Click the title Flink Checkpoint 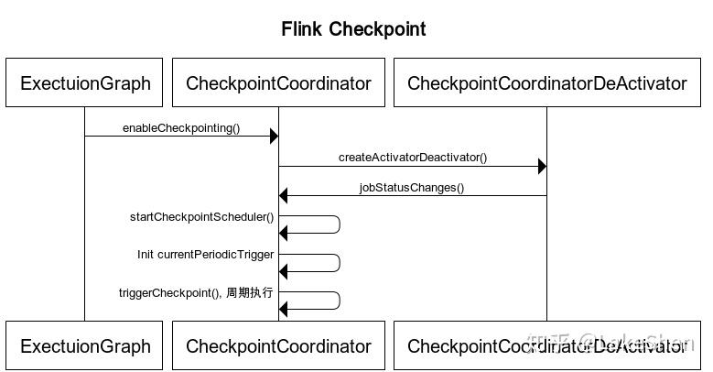point(353,29)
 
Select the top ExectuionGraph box point(85,83)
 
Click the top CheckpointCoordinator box point(278,83)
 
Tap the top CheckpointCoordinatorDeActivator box point(546,83)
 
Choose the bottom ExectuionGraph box point(85,346)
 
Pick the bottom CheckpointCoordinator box point(278,346)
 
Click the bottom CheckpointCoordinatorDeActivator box point(546,346)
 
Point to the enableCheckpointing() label point(181,128)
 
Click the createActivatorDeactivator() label point(413,158)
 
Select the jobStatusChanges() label point(412,188)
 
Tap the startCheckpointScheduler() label point(201,217)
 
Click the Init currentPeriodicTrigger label point(205,255)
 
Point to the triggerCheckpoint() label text point(168,293)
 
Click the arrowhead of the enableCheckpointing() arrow point(274,137)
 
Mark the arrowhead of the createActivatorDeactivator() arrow point(542,167)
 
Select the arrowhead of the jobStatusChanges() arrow point(284,195)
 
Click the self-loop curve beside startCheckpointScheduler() point(339,225)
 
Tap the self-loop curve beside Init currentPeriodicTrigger point(339,263)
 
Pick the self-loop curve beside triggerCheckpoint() point(339,301)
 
